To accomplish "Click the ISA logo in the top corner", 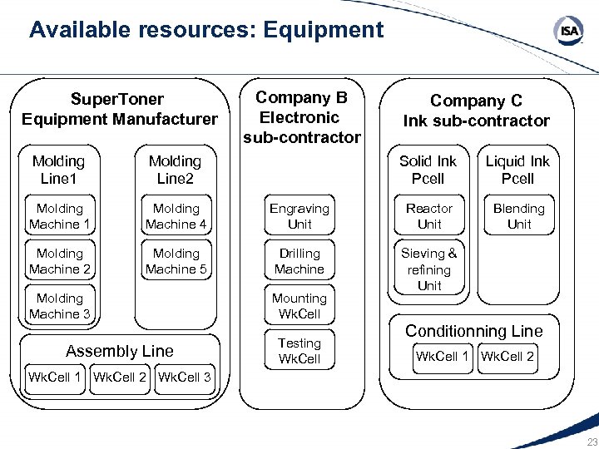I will (569, 32).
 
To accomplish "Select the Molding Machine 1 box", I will (60, 216).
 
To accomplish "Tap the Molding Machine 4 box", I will (176, 216).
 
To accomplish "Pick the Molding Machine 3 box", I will (60, 306).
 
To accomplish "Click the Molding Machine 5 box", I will (176, 261).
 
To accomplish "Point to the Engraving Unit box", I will (299, 216).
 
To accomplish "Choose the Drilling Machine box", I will (299, 261).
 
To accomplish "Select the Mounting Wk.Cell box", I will (299, 306).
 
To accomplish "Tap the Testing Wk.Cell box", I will (299, 351).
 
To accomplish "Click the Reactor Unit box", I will (429, 216).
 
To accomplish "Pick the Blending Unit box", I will (519, 216).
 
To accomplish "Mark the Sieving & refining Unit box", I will (429, 269).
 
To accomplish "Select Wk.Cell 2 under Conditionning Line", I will (507, 357).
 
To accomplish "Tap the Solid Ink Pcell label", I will (428, 170).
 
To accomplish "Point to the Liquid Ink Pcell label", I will (518, 170).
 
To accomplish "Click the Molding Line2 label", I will (175, 170).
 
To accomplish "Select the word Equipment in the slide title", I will (323, 31).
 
